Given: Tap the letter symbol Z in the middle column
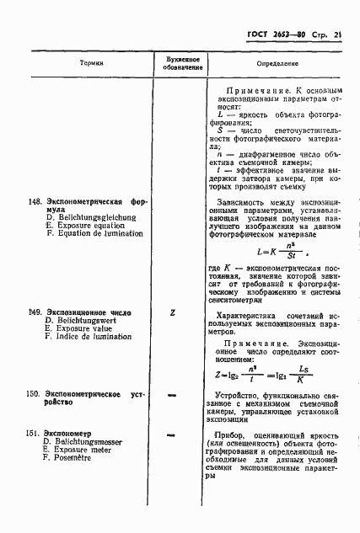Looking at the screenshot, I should (172, 312).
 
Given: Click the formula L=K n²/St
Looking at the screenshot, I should (277, 250).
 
